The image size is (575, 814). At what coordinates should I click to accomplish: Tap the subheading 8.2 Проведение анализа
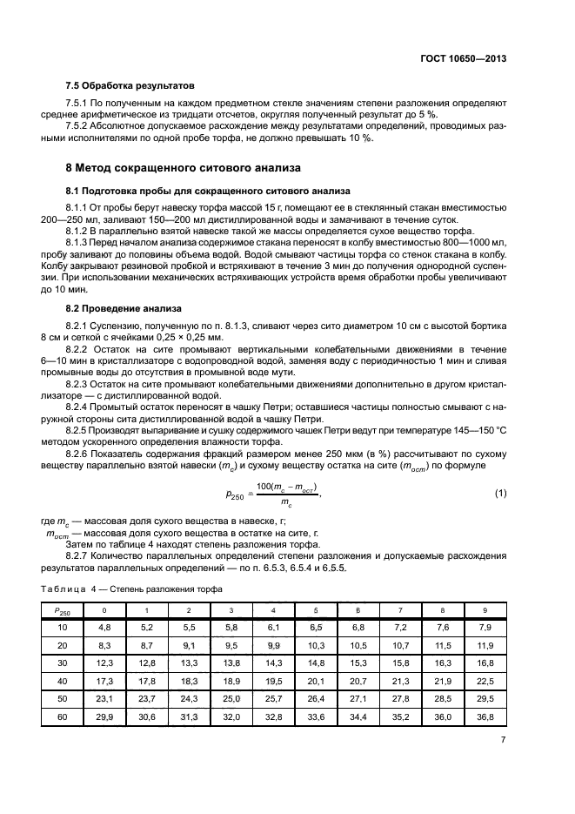coord(123,307)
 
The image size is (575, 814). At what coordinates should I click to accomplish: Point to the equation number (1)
coord(500,494)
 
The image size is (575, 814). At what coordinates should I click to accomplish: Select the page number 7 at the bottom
coord(504,739)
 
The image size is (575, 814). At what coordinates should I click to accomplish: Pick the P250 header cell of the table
coord(63,610)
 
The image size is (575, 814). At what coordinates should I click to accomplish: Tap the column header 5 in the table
coord(316,609)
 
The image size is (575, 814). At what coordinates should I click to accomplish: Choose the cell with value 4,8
coord(104,627)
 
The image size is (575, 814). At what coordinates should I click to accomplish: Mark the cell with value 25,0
coord(231,699)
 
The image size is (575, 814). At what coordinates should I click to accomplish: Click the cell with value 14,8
coord(316,663)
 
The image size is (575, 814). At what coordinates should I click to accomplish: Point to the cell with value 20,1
coord(316,680)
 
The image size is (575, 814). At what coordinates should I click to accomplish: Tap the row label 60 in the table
coord(63,717)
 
